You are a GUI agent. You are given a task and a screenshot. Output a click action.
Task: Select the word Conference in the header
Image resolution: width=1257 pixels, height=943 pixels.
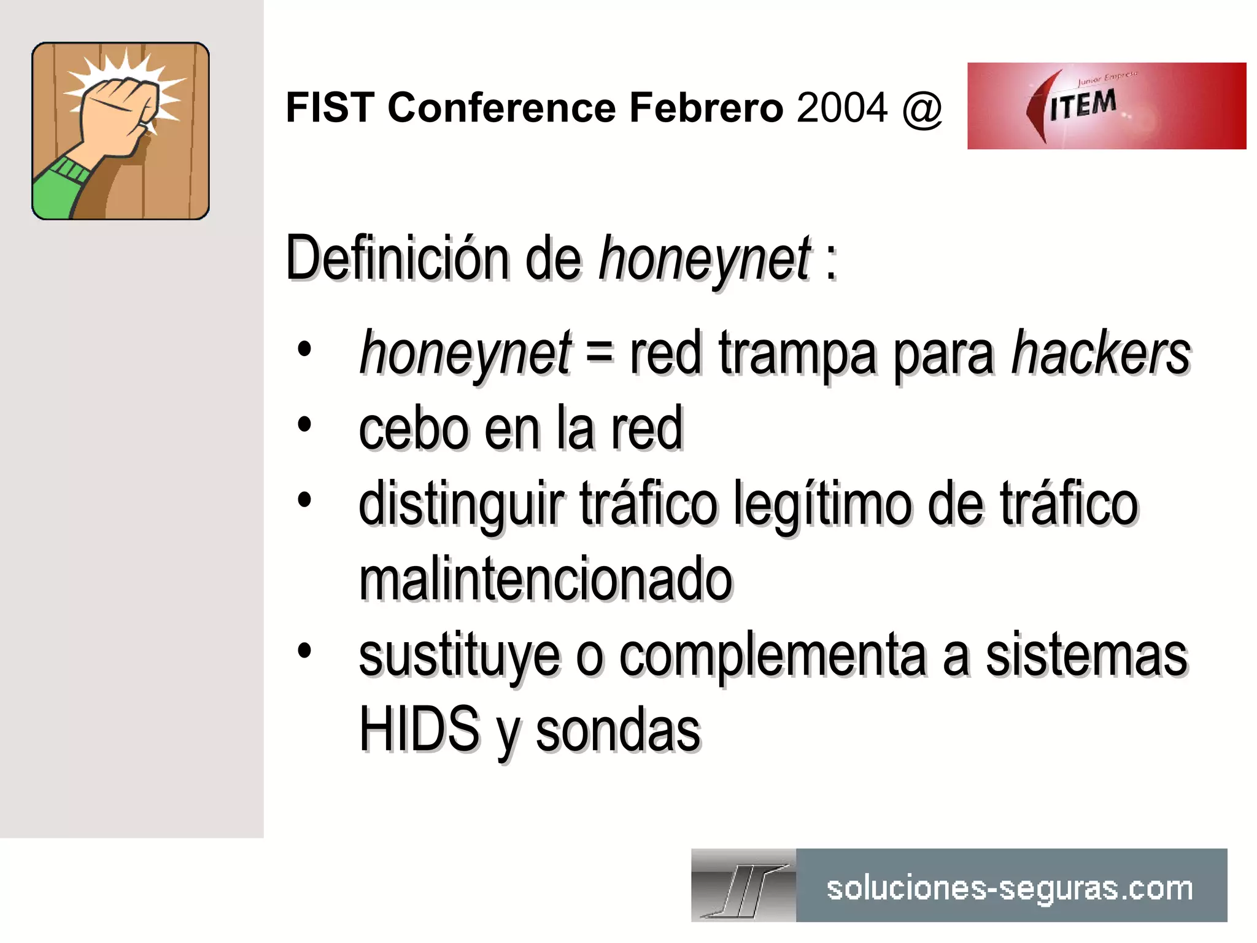click(501, 108)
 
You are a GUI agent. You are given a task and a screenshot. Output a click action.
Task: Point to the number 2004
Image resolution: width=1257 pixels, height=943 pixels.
click(842, 108)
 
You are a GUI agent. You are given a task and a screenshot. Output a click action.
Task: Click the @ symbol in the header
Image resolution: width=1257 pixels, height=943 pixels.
click(922, 109)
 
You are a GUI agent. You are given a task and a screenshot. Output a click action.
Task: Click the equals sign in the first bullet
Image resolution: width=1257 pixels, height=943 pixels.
click(599, 353)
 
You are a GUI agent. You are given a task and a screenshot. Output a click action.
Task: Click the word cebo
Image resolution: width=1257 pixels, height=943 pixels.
click(414, 429)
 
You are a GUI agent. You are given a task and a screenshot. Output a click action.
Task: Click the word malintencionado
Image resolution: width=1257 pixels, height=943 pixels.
click(546, 579)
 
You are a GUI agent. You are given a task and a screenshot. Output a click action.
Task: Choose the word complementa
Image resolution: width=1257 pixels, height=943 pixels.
click(772, 656)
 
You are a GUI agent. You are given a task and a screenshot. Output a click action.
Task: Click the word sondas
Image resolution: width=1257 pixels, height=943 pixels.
click(618, 731)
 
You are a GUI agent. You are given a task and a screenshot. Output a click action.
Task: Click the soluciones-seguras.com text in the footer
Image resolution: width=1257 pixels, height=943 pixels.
click(1010, 888)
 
